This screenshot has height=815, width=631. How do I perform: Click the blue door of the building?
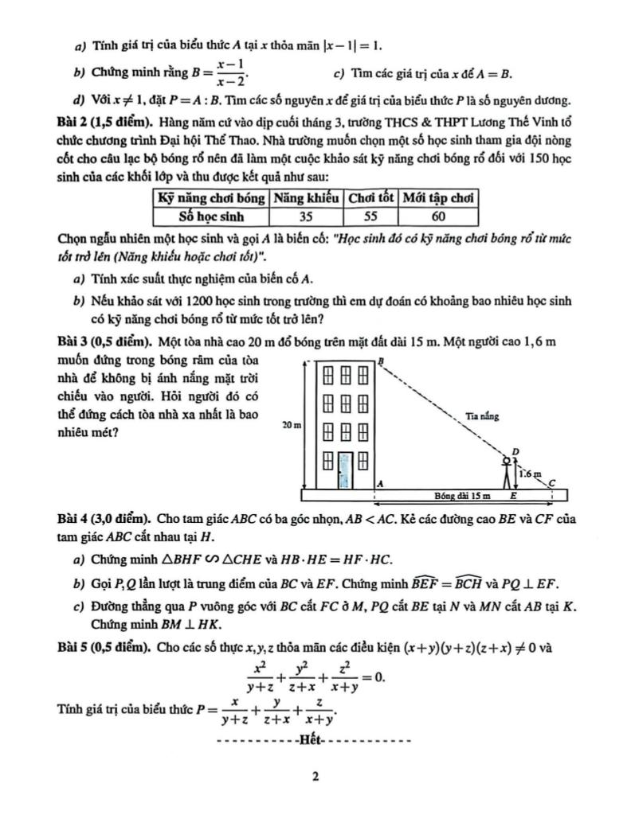click(344, 470)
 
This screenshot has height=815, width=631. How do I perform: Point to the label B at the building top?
click(381, 361)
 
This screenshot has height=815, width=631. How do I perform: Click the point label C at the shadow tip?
click(551, 480)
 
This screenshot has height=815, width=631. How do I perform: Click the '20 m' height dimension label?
click(292, 426)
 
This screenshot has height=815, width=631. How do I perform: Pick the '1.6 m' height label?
click(529, 473)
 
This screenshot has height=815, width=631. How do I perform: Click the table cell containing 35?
click(307, 216)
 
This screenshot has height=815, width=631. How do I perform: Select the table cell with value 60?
click(439, 216)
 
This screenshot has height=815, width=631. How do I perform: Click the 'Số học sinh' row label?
click(211, 216)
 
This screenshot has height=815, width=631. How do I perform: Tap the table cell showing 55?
click(370, 216)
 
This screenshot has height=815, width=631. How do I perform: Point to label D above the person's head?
click(515, 452)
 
